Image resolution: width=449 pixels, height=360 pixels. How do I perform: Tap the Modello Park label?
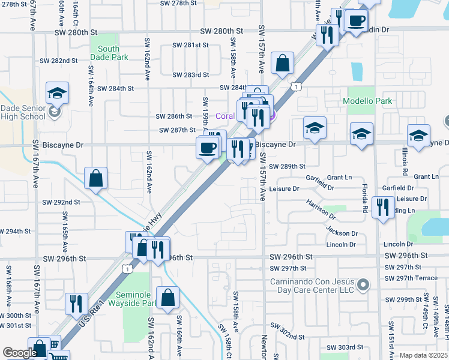367,101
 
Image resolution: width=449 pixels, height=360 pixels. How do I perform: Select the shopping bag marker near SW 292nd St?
95,178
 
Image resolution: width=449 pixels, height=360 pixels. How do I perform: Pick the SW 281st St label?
190,45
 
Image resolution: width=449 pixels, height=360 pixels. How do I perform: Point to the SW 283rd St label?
190,75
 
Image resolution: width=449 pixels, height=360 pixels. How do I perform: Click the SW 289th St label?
287,166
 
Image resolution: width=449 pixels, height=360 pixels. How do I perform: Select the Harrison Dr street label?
319,209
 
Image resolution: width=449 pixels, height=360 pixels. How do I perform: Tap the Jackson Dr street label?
342,231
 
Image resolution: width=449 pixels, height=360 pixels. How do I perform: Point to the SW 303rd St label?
345,347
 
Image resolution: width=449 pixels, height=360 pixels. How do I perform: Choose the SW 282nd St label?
59,61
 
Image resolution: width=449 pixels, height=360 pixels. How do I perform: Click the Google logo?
20,353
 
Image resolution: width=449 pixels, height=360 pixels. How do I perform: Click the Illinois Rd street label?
405,162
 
